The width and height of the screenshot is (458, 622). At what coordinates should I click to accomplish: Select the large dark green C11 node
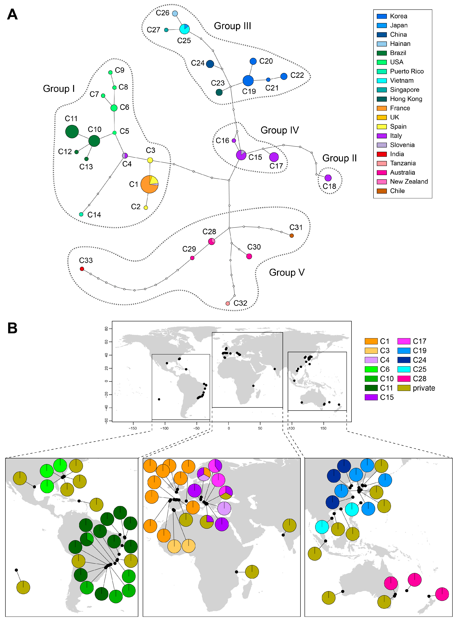point(72,131)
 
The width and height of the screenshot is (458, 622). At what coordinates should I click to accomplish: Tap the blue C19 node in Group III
point(248,80)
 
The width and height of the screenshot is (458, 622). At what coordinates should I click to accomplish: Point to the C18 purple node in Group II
point(328,178)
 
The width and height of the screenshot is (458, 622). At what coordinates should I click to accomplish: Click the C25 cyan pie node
point(184,29)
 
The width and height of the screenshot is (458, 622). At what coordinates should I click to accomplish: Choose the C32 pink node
point(228,303)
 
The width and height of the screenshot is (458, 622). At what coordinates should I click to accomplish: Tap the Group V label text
point(287,273)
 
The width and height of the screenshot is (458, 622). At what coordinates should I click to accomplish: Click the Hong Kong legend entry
point(406,99)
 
